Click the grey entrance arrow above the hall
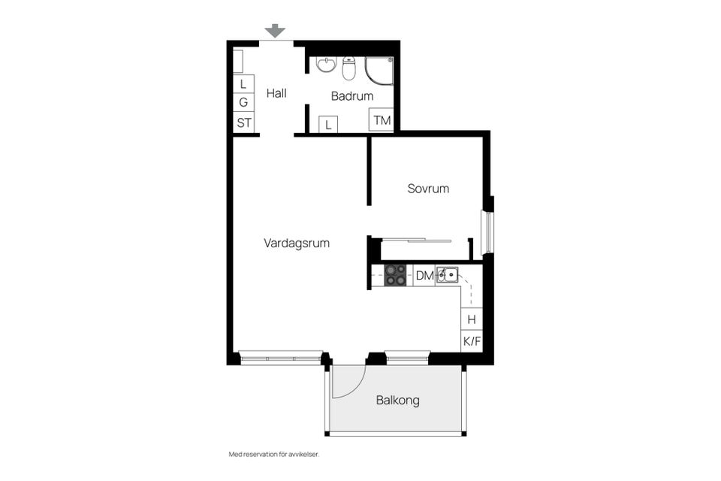click(x=276, y=31)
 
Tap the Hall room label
click(x=276, y=94)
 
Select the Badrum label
click(x=352, y=96)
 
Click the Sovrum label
click(x=428, y=189)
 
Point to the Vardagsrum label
click(x=297, y=244)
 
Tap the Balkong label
click(x=397, y=401)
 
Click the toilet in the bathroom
click(x=349, y=68)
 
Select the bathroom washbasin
click(x=327, y=65)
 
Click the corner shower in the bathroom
click(x=379, y=71)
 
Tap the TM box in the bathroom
click(x=382, y=120)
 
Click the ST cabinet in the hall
click(x=244, y=123)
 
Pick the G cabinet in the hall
click(x=243, y=103)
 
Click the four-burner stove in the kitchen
click(x=396, y=275)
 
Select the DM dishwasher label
click(x=424, y=276)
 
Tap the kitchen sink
click(x=447, y=275)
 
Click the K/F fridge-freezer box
click(x=472, y=342)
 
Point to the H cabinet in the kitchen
click(x=472, y=319)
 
